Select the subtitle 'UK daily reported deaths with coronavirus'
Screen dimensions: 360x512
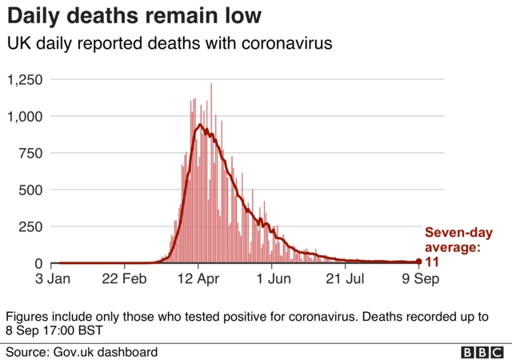click(169, 45)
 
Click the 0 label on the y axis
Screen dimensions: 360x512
click(41, 264)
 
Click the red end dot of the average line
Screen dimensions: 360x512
click(419, 262)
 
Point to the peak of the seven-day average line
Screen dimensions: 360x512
click(199, 125)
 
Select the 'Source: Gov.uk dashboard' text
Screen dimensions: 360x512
click(82, 352)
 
